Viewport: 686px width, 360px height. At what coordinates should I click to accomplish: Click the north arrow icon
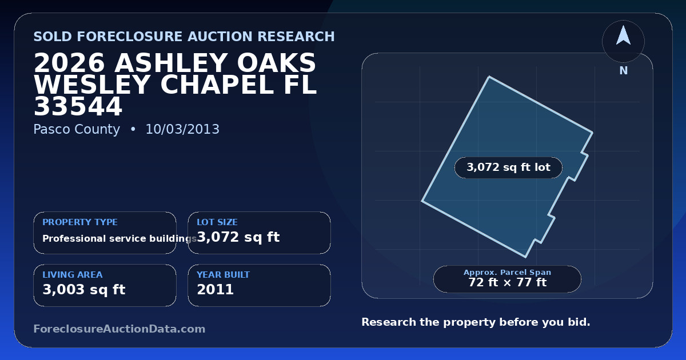[x=623, y=36]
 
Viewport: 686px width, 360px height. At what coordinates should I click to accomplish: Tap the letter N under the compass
[x=624, y=71]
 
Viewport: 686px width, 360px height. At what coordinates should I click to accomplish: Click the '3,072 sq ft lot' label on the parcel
[x=508, y=167]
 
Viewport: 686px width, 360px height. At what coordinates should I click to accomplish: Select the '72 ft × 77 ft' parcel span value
[x=507, y=282]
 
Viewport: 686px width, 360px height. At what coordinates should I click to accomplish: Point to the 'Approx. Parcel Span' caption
[x=507, y=272]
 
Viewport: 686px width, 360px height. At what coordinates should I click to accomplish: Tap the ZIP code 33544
[x=78, y=106]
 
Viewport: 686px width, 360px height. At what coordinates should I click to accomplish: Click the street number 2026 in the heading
[x=69, y=63]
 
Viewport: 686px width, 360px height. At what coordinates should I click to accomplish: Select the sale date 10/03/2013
[x=182, y=129]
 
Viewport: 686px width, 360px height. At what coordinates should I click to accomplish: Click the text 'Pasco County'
[x=77, y=129]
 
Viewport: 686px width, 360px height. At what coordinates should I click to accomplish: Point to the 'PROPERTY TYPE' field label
[x=80, y=222]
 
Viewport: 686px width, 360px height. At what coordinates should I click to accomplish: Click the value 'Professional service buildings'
[x=119, y=238]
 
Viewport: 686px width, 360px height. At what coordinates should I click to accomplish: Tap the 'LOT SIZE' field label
[x=217, y=222]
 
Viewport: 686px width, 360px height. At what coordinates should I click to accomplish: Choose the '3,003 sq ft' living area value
[x=84, y=290]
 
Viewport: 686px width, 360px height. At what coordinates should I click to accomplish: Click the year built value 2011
[x=216, y=290]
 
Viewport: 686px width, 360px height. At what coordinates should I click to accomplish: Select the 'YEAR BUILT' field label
[x=224, y=275]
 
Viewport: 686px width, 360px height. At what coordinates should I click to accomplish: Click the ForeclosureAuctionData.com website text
[x=119, y=329]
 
